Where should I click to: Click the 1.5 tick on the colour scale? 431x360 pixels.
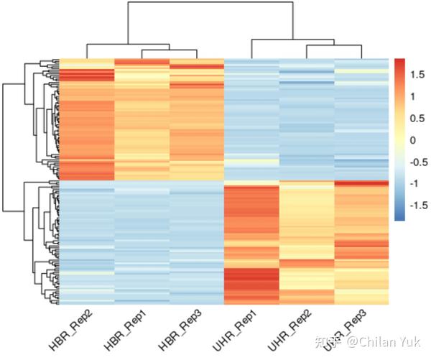click(415, 74)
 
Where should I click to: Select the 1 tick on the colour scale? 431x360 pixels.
click(412, 96)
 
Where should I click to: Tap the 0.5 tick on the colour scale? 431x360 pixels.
click(415, 118)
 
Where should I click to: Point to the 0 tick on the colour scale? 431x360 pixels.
click(412, 140)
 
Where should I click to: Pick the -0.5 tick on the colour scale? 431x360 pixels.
click(417, 162)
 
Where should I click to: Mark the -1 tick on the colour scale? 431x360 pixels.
click(414, 184)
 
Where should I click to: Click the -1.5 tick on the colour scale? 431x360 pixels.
click(417, 206)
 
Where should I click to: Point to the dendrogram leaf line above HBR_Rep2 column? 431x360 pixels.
click(86, 50)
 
